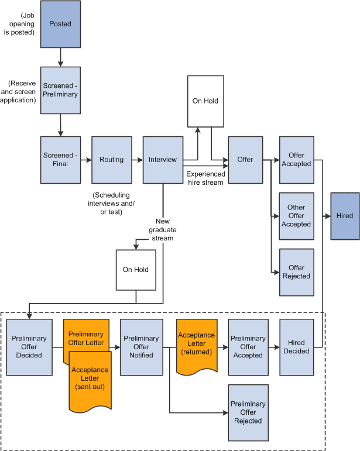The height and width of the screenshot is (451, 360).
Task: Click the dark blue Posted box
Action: [x=60, y=24]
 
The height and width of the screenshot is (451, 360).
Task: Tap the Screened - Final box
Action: [x=60, y=160]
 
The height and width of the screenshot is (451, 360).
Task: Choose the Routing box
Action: [x=111, y=160]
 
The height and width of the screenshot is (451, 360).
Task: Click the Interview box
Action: [x=163, y=160]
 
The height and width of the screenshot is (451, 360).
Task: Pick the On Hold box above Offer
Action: [x=205, y=101]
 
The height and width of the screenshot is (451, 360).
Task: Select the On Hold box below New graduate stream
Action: [x=136, y=270]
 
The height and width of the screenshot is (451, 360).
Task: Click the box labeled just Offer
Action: [x=245, y=160]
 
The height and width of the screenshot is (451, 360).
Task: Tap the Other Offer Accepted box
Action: [x=296, y=216]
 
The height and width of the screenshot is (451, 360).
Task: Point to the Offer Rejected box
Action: [x=296, y=272]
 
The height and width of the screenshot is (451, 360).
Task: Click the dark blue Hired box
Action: [x=345, y=216]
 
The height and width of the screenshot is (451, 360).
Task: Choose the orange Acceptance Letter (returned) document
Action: [x=197, y=344]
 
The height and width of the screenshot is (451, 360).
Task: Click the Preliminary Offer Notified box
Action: [x=140, y=347]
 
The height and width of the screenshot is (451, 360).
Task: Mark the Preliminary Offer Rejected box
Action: [x=248, y=412]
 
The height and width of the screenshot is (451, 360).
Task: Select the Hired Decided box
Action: [x=296, y=347]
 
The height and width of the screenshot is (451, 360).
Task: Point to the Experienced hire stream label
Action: [x=205, y=178]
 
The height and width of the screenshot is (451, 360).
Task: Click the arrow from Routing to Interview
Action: [x=136, y=160]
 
